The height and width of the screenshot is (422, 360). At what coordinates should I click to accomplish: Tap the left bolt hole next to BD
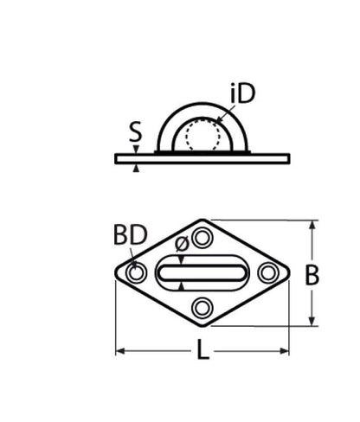(x=136, y=273)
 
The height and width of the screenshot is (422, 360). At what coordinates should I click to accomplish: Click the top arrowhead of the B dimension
(x=312, y=224)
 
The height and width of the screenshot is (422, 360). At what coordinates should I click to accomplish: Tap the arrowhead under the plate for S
(x=136, y=167)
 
